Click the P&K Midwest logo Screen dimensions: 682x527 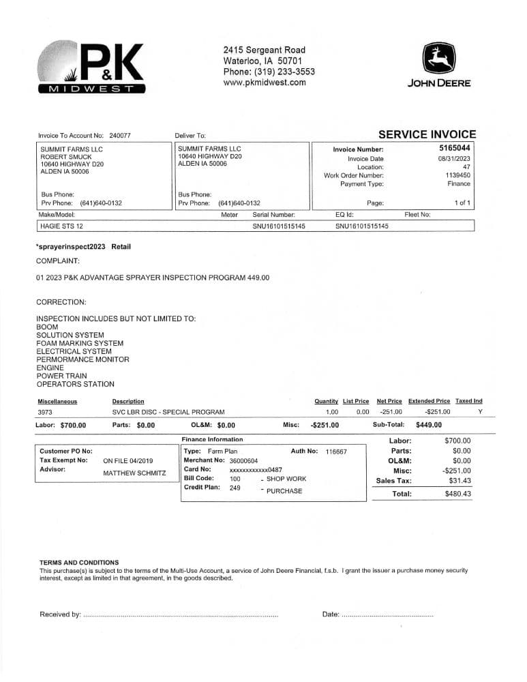coord(92,68)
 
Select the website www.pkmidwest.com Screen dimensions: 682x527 coord(265,83)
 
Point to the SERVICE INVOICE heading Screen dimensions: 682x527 coord(427,135)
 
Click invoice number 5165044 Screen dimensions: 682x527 coord(455,148)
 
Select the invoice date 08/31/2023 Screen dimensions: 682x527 coord(454,159)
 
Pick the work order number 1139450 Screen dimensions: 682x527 coord(457,175)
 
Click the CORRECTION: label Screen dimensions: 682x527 coord(61,301)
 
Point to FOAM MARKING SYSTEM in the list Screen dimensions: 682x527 coord(80,343)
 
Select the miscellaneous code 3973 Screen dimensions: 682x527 coord(44,412)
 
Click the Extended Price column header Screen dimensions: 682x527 coord(429,401)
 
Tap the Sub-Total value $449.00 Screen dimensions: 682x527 coord(428,424)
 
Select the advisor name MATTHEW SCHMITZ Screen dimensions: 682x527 coord(134,473)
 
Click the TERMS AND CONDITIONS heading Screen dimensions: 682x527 coord(79,563)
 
